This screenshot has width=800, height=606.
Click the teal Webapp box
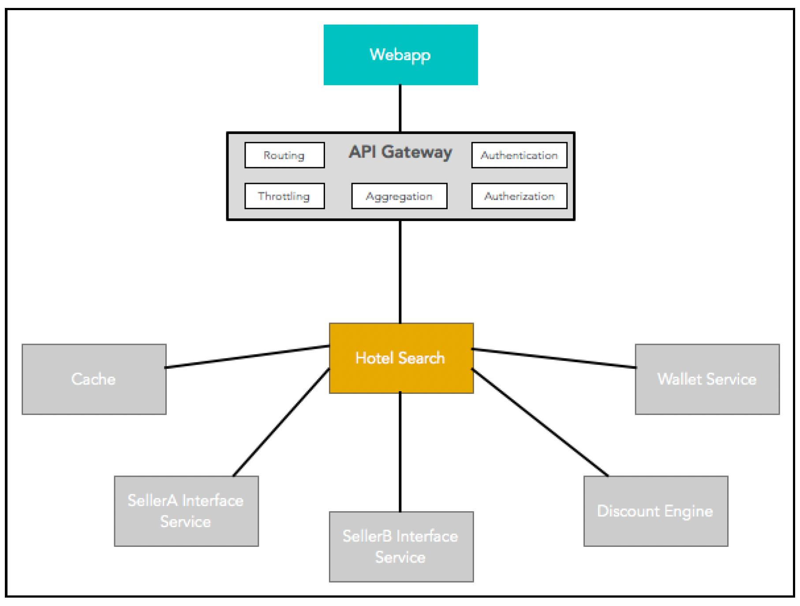[400, 55]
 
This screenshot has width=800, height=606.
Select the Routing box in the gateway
[284, 155]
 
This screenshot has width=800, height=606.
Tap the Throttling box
[284, 196]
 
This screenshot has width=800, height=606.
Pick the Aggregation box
[399, 196]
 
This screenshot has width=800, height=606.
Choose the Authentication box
[519, 155]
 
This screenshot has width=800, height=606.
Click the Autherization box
[519, 196]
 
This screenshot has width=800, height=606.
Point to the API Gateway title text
[400, 152]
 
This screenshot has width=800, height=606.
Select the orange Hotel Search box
[401, 358]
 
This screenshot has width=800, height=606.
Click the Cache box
[94, 379]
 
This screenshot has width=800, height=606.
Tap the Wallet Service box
[707, 379]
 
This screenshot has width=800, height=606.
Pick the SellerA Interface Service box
[186, 511]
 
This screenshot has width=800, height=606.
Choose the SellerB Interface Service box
[401, 547]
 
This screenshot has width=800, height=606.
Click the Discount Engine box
[656, 511]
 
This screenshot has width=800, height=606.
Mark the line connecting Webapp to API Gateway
[400, 108]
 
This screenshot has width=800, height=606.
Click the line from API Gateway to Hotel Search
[400, 272]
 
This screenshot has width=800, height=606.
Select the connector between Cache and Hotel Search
[247, 356]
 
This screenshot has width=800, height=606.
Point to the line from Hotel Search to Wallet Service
[554, 358]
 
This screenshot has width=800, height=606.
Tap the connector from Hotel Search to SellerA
[281, 423]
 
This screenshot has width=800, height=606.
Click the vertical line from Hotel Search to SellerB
[400, 452]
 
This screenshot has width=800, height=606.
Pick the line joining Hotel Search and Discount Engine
[540, 423]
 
